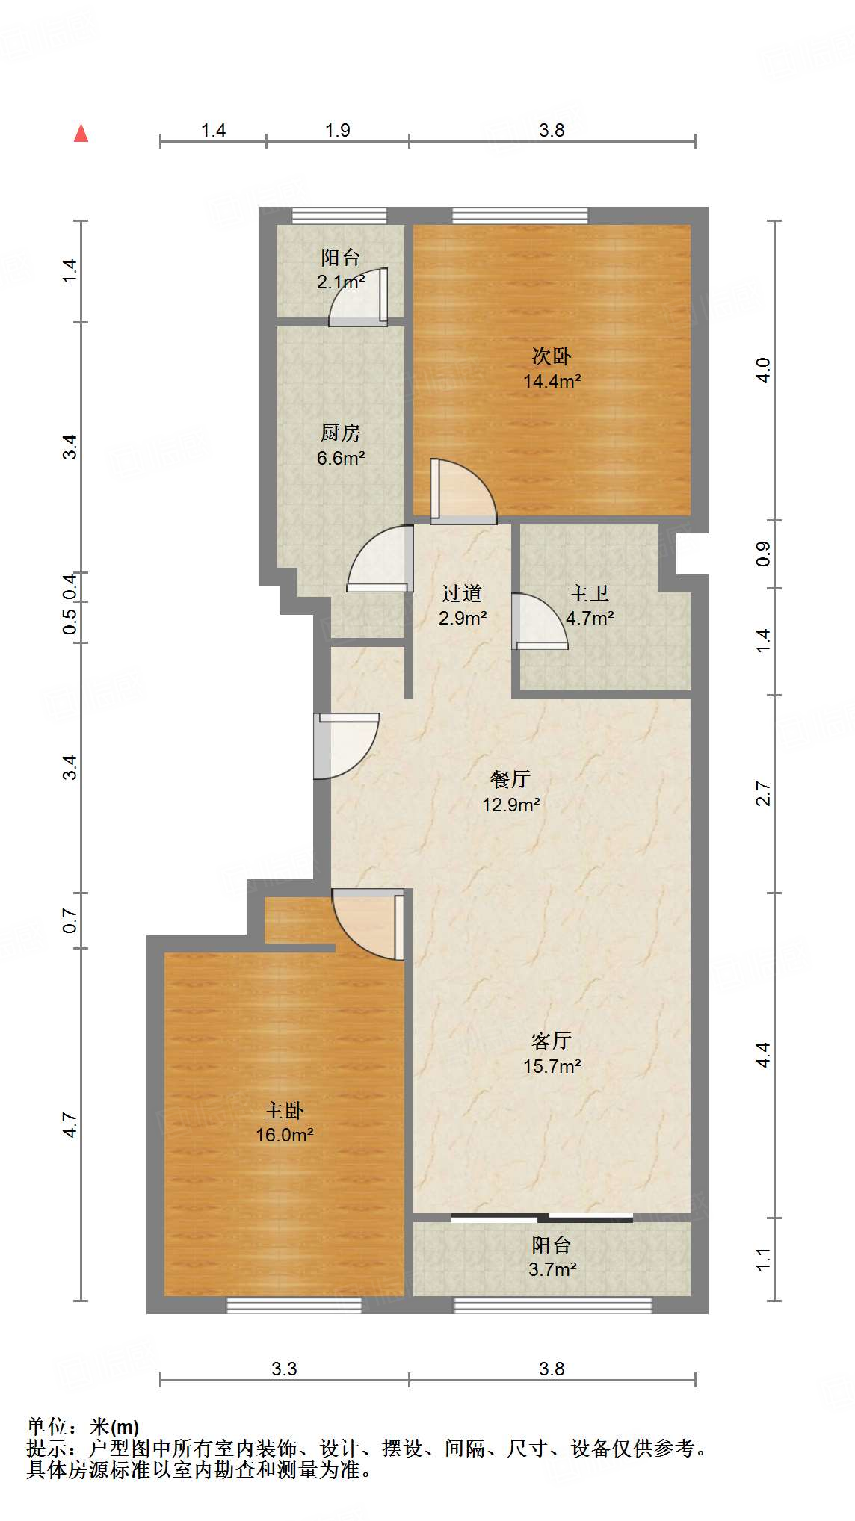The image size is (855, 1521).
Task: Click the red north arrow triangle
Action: click(81, 134)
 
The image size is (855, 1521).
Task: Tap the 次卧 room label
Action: click(552, 356)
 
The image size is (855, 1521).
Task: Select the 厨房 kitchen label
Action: click(340, 433)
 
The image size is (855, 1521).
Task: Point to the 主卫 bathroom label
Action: click(589, 593)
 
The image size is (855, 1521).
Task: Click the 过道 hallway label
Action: click(462, 593)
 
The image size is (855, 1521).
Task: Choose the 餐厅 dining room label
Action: click(510, 779)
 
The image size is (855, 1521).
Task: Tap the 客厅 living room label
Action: click(552, 1041)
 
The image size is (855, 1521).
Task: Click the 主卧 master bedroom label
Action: click(284, 1110)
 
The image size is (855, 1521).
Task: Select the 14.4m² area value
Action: click(552, 381)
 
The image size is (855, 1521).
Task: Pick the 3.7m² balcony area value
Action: click(552, 1269)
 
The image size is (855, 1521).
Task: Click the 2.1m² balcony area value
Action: click(340, 282)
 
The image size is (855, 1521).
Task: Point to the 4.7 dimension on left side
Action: click(70, 1124)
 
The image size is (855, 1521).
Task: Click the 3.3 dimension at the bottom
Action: click(284, 1369)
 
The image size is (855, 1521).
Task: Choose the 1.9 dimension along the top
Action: click(338, 131)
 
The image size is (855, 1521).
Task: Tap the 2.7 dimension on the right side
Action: click(763, 793)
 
